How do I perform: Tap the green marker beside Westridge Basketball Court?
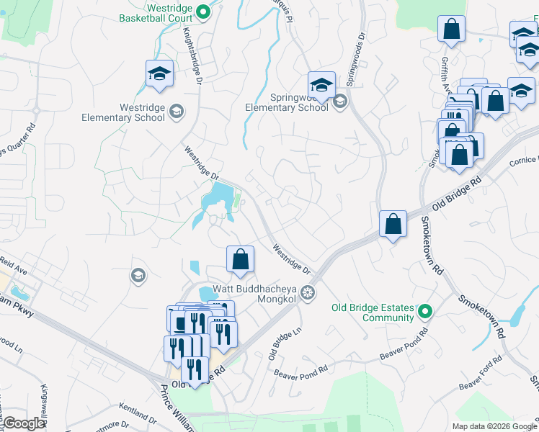204,11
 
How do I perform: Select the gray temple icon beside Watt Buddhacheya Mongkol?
308,292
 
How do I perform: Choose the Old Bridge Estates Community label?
373,312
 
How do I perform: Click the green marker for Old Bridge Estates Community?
425,311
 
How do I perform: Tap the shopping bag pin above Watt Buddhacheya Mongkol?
241,260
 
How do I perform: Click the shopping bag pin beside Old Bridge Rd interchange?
393,224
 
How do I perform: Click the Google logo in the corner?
24,423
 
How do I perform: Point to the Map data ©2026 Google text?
494,426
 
